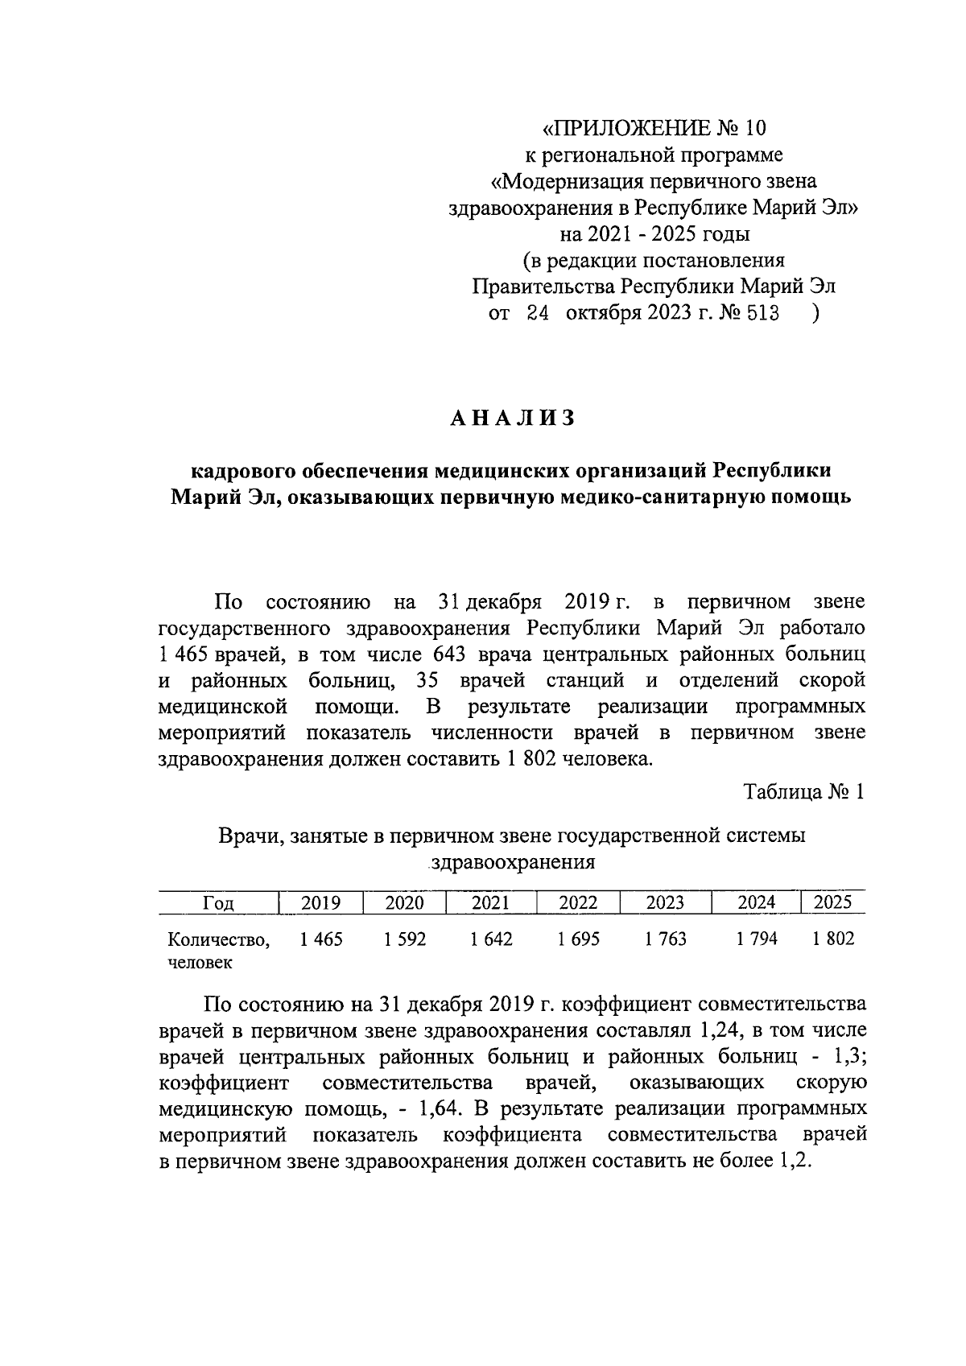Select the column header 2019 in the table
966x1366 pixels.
pyautogui.click(x=320, y=903)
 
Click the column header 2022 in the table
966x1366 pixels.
pyautogui.click(x=578, y=903)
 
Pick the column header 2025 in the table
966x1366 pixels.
pyautogui.click(x=832, y=902)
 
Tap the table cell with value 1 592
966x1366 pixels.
pyautogui.click(x=405, y=939)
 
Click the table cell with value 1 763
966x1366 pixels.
pyautogui.click(x=665, y=939)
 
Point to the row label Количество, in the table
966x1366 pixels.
pyautogui.click(x=218, y=939)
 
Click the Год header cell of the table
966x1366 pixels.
pyautogui.click(x=218, y=903)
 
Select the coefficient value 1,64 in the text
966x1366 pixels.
pyautogui.click(x=440, y=1108)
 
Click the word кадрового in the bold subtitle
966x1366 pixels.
pyautogui.click(x=244, y=470)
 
